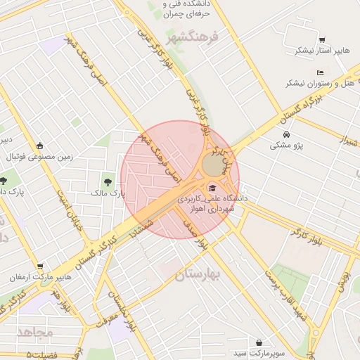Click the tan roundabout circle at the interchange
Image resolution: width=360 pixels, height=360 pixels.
pyautogui.click(x=212, y=166)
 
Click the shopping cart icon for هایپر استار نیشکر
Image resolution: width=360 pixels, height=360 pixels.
pyautogui.click(x=322, y=40)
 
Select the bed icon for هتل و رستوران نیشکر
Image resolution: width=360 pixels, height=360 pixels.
pyautogui.click(x=320, y=72)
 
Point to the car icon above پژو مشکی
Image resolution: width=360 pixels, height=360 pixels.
pyautogui.click(x=285, y=134)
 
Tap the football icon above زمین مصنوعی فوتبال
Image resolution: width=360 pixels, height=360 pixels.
pyautogui.click(x=39, y=146)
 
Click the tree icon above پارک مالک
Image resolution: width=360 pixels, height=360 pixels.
pyautogui.click(x=108, y=182)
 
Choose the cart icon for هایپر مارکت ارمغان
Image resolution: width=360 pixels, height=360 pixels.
pyautogui.click(x=40, y=267)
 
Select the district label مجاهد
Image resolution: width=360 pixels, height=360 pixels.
pyautogui.click(x=34, y=332)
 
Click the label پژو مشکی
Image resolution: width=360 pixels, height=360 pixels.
pyautogui.click(x=285, y=146)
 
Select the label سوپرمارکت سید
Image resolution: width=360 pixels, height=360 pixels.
pyautogui.click(x=260, y=352)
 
